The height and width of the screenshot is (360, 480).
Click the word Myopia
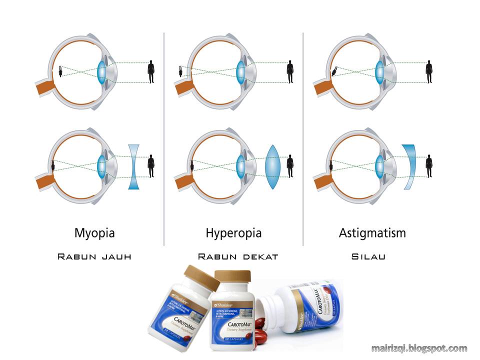pos(94,233)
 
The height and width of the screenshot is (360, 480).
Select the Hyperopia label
pos(233,233)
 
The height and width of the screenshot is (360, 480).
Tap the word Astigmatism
pos(372,233)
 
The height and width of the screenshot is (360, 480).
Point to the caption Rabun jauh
pos(94,256)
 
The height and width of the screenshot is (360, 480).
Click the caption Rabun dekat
pos(237,256)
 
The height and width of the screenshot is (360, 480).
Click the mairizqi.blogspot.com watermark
pos(419,348)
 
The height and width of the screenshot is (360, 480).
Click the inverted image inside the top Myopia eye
pos(60,71)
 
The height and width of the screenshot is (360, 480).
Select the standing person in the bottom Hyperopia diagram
pos(290,166)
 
